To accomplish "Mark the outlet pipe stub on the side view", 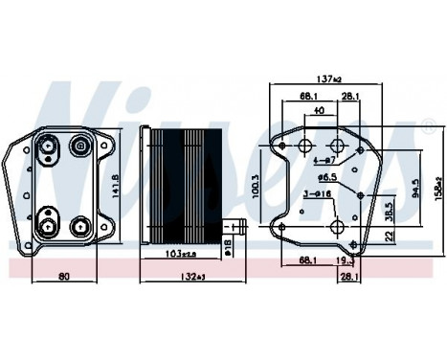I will click(x=238, y=227).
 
